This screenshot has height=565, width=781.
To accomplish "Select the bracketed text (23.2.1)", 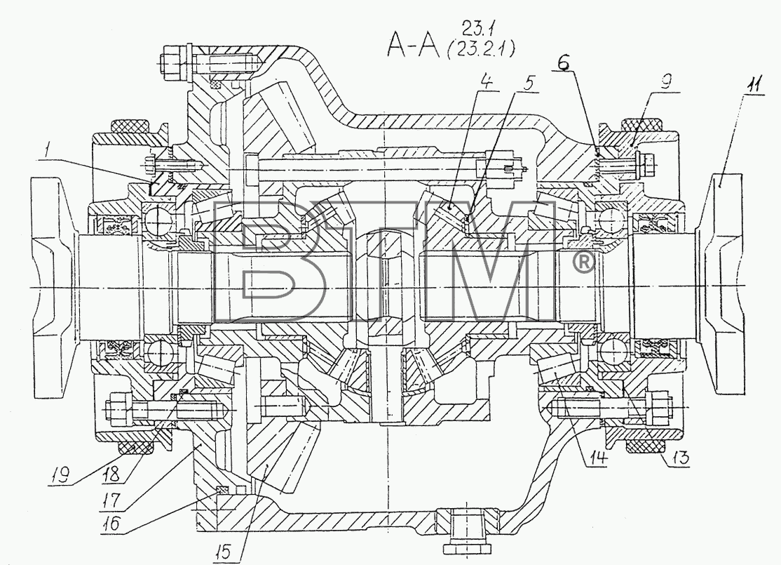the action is [481, 49].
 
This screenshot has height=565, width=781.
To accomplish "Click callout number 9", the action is [667, 80].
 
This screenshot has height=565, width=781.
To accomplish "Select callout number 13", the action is [680, 457].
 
